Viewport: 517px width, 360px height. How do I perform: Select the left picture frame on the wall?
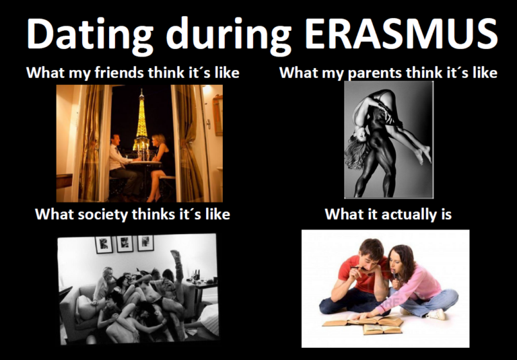104,245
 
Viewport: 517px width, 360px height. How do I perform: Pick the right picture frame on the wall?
145,244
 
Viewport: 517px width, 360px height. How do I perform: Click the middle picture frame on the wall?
125,244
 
